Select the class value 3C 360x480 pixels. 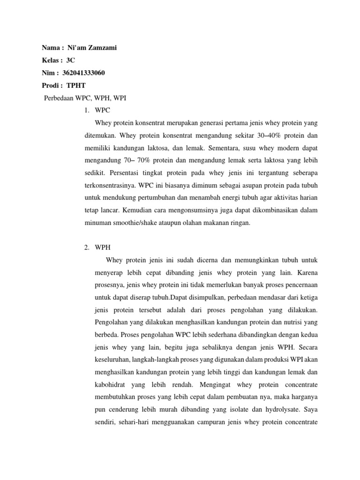click(71, 60)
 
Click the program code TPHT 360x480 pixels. click(76, 85)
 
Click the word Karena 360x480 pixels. click(307, 272)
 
